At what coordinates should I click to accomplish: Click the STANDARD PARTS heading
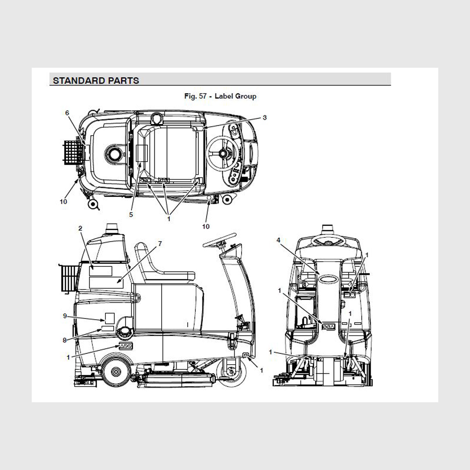click(96, 81)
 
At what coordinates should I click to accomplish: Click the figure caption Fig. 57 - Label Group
click(220, 96)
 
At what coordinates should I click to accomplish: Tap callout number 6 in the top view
click(67, 113)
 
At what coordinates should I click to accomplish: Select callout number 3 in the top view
click(265, 117)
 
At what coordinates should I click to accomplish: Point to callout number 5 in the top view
click(131, 215)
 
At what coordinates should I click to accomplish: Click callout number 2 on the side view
click(80, 228)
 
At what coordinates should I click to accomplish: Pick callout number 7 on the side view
click(160, 244)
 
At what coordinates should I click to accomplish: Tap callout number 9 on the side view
click(65, 316)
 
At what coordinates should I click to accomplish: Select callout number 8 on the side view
click(65, 340)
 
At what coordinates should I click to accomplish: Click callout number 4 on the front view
click(278, 240)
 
